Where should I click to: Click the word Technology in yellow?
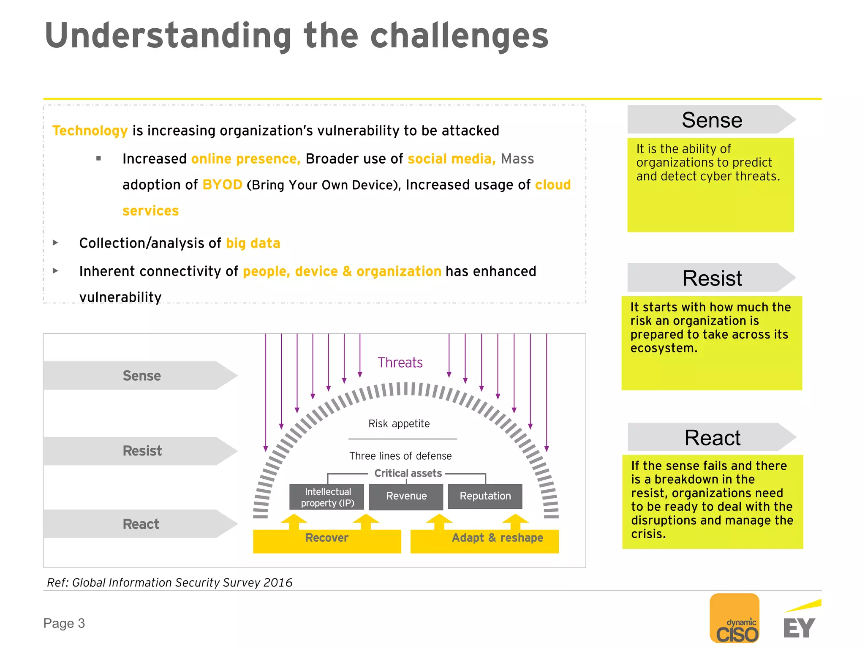tap(90, 131)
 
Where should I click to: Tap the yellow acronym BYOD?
tap(222, 185)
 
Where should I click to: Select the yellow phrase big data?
tap(253, 243)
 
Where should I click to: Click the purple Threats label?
tap(400, 363)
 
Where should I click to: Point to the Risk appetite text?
tap(399, 423)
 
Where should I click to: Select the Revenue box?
tap(406, 496)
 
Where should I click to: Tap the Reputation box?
tap(485, 496)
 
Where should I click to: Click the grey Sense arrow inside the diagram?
tap(141, 376)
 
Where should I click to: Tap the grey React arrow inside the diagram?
tap(141, 524)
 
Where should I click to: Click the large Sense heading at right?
tap(712, 120)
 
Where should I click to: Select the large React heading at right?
tap(712, 437)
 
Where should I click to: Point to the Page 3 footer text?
tap(64, 623)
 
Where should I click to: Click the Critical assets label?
tap(408, 473)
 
